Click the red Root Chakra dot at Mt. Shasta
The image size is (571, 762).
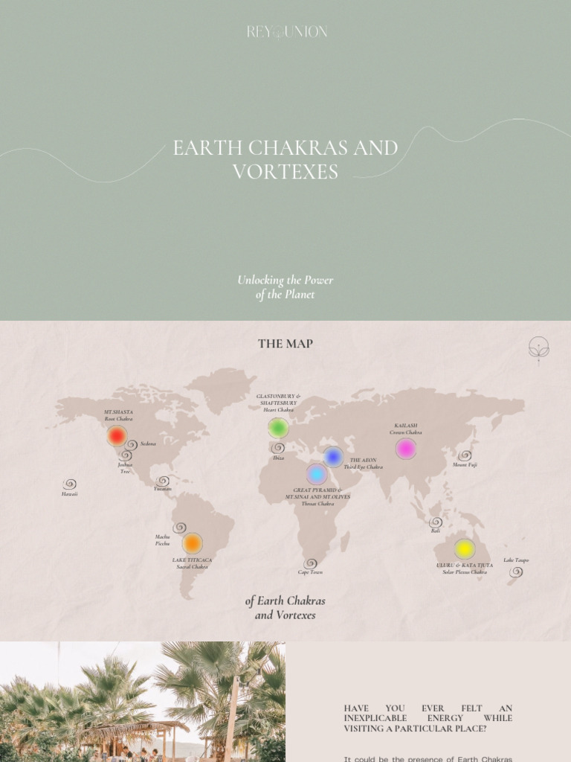117,436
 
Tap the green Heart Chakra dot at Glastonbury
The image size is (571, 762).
278,428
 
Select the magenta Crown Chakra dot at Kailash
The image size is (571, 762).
405,449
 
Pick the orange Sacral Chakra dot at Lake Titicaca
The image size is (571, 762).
192,543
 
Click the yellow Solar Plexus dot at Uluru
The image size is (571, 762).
465,549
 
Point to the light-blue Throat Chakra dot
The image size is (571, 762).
317,474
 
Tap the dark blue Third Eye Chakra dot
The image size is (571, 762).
333,457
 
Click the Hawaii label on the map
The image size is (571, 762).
69,494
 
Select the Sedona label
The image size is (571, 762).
148,444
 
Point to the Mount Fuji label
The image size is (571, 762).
465,465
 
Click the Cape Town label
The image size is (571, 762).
310,572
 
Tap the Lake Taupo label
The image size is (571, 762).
516,560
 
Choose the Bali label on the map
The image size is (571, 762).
436,531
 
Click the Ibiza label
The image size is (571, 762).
278,458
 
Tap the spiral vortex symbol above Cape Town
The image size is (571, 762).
310,563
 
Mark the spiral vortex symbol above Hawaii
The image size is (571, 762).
70,484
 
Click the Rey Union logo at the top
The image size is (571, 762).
286,32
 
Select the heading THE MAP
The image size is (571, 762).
285,344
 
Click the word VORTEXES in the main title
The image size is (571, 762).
285,172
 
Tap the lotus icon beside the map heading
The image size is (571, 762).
538,348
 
